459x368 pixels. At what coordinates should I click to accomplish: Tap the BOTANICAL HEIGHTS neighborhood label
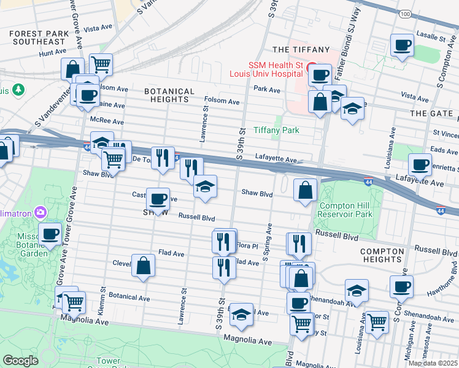[169, 95]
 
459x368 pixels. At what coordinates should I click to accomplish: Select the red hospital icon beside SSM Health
[311, 66]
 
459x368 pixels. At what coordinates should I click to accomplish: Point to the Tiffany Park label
[276, 130]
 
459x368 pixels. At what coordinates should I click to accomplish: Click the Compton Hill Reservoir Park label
[347, 210]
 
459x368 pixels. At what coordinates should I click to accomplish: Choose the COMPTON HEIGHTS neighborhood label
[382, 256]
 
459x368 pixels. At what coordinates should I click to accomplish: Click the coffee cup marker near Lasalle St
[402, 45]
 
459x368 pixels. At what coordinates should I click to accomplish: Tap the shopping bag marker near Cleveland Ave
[143, 266]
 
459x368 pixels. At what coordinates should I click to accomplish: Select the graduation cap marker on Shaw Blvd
[205, 186]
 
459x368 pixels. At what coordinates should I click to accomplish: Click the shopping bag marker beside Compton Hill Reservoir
[305, 190]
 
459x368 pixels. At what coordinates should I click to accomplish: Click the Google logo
[20, 361]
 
